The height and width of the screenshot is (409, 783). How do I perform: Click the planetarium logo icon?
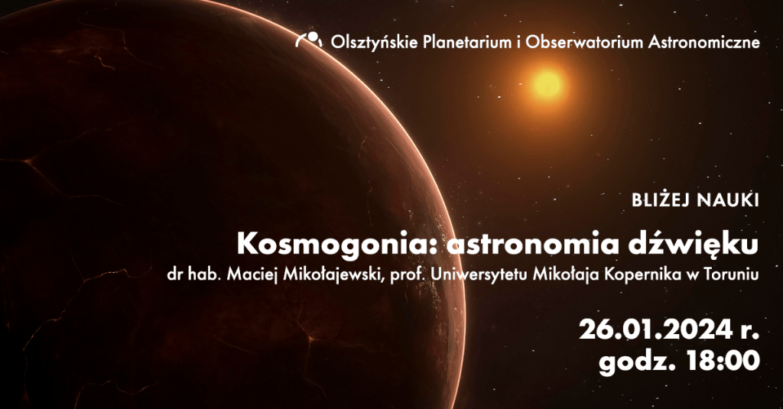(309, 40)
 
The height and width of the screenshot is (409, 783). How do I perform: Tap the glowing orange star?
(547, 84)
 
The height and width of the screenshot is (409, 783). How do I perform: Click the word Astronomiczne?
(704, 43)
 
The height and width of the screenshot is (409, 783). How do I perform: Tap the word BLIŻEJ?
(661, 200)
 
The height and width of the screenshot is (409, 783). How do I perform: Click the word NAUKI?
(728, 200)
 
